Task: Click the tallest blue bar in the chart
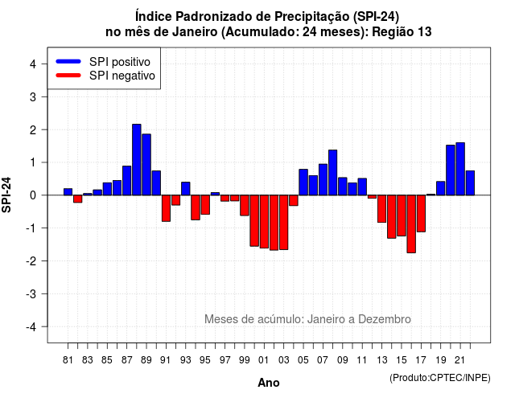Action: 137,159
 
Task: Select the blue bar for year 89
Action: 146,164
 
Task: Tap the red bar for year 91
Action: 167,208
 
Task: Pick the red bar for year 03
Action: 284,223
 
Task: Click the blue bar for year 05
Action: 303,183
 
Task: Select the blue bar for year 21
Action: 460,169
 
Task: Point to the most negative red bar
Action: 411,224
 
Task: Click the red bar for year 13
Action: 381,209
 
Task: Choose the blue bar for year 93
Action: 186,189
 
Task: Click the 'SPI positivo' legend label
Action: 120,62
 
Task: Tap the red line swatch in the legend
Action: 68,75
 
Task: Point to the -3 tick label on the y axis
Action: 32,293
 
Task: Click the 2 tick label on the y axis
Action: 33,129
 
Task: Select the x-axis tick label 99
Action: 245,360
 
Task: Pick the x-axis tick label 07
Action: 323,360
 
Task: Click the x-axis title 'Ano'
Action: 269,383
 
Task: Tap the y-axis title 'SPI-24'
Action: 6,195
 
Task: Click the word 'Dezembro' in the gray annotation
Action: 385,319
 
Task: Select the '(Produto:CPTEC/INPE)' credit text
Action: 440,378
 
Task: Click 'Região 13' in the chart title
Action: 402,32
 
